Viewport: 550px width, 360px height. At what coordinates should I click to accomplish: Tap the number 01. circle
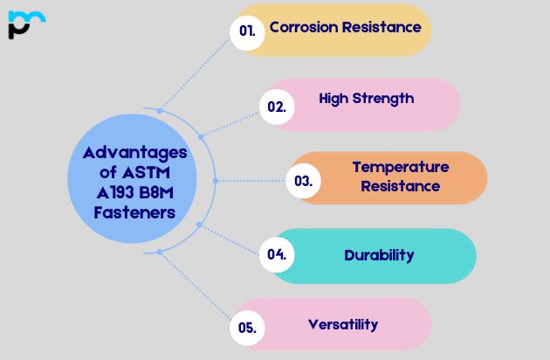point(248,31)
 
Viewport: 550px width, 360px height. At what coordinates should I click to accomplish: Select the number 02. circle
point(277,107)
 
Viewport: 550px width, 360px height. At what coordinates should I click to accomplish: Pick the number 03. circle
point(304,181)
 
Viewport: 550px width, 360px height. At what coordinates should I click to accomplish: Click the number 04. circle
point(277,255)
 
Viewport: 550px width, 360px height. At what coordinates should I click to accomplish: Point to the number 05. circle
point(247,328)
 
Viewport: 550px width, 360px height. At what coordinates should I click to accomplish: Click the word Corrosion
point(304,27)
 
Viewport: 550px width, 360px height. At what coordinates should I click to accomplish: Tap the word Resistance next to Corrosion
point(382,27)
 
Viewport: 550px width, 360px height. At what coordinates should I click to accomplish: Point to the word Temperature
point(401,167)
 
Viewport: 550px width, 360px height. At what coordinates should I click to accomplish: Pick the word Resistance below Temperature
point(401,186)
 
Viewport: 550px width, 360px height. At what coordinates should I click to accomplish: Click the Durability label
point(379,255)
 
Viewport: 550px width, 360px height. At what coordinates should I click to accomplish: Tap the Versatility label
point(343,324)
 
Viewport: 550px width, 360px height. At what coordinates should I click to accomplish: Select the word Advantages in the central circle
point(135,152)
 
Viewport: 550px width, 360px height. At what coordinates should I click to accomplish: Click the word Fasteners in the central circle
point(135,212)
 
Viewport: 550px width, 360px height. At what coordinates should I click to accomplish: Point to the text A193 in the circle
point(114,192)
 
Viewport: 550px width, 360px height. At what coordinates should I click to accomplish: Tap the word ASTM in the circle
point(157,172)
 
